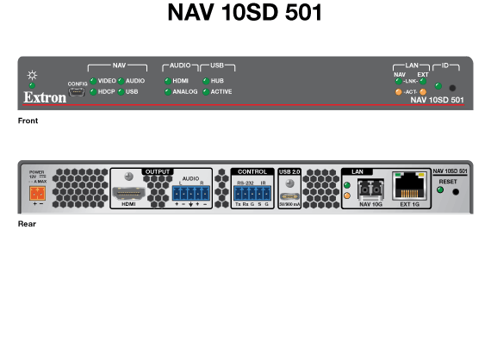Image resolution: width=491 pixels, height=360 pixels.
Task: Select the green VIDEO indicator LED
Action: [92, 80]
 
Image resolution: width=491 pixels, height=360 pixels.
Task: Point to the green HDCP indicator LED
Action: [92, 91]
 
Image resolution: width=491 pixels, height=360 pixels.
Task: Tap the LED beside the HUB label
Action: [205, 80]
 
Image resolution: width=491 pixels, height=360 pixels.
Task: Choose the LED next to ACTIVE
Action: [205, 91]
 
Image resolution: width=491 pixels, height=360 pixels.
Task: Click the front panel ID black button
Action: [452, 87]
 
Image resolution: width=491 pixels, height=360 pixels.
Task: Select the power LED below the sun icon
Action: [32, 85]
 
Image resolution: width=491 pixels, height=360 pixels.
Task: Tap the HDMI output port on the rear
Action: [128, 190]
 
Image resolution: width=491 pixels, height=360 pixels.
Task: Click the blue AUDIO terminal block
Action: [190, 192]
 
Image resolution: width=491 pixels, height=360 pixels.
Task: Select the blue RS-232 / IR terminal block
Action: [252, 192]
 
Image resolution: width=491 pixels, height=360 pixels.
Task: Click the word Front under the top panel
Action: [28, 121]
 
